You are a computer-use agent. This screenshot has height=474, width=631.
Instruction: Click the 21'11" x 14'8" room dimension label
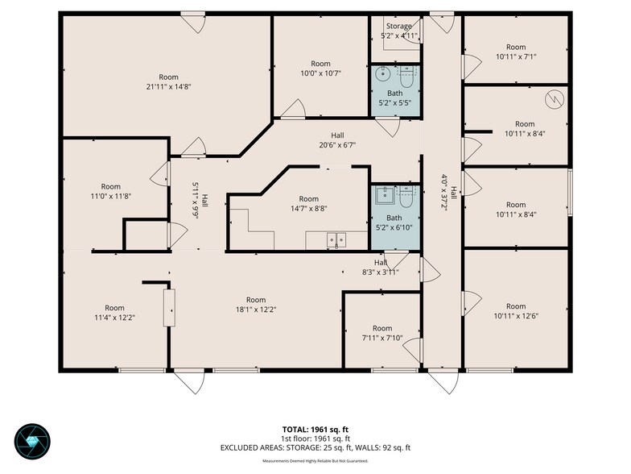click(x=169, y=87)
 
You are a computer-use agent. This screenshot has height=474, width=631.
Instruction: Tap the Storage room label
click(x=399, y=26)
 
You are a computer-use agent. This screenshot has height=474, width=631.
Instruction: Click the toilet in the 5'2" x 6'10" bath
click(x=406, y=197)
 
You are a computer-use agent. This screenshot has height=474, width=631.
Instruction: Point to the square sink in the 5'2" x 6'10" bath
click(x=386, y=195)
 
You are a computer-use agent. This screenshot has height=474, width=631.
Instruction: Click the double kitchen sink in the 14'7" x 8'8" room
click(x=336, y=240)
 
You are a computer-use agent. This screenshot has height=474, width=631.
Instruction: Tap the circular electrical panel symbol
click(x=555, y=99)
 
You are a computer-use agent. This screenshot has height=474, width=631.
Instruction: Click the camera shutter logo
click(x=32, y=442)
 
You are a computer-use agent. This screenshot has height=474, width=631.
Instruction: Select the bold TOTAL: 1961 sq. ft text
click(x=315, y=430)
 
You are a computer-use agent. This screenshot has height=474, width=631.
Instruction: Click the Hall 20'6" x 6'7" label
click(x=337, y=140)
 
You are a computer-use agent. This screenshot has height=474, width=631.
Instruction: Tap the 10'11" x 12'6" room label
click(x=516, y=311)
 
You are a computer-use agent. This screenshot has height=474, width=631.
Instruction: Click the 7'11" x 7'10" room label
click(x=382, y=334)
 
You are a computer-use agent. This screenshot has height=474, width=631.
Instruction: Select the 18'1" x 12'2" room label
click(x=256, y=305)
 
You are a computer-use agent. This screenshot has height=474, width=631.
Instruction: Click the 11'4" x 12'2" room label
click(x=114, y=313)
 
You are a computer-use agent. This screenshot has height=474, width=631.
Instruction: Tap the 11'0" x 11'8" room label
click(x=111, y=192)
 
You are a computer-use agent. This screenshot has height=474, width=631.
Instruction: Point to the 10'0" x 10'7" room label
click(x=320, y=69)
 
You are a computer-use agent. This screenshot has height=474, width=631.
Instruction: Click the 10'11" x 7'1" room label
click(x=516, y=52)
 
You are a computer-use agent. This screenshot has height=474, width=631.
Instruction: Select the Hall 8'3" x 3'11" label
click(x=380, y=268)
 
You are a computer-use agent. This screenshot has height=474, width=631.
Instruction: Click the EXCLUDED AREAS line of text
click(x=315, y=448)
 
